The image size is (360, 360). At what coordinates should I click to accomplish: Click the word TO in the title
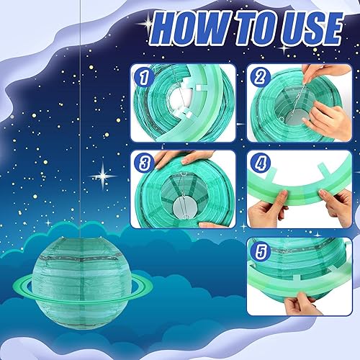tap(256, 28)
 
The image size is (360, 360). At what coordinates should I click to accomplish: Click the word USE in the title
tap(312, 28)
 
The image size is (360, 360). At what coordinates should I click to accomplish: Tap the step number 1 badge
tap(143, 77)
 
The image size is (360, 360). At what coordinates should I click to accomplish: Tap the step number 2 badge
tap(260, 77)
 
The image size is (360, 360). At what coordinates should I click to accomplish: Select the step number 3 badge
tap(143, 163)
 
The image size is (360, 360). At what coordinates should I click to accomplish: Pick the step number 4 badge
tap(260, 163)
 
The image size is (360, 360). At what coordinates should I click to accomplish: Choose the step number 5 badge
tap(260, 251)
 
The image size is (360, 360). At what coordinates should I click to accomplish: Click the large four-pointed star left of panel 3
tap(103, 176)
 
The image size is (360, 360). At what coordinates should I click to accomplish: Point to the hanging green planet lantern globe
tap(81, 283)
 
